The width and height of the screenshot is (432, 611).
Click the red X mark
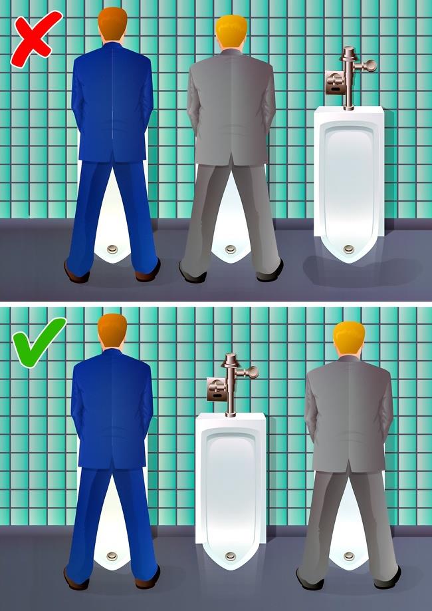click(35, 38)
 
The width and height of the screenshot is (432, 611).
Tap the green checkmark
click(39, 341)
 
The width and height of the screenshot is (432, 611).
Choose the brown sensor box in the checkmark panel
click(215, 389)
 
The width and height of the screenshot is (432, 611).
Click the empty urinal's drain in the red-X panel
click(348, 250)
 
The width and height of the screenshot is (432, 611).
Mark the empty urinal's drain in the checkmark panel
click(231, 556)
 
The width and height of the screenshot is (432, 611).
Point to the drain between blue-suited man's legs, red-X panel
click(112, 250)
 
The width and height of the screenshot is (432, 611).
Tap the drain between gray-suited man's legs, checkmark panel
click(348, 556)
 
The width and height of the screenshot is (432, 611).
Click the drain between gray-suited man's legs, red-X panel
click(231, 250)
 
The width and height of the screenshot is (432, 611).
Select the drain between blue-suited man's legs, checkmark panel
click(112, 556)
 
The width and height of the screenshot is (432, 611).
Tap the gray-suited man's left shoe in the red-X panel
click(191, 272)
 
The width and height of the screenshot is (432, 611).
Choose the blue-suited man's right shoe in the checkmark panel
click(148, 576)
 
